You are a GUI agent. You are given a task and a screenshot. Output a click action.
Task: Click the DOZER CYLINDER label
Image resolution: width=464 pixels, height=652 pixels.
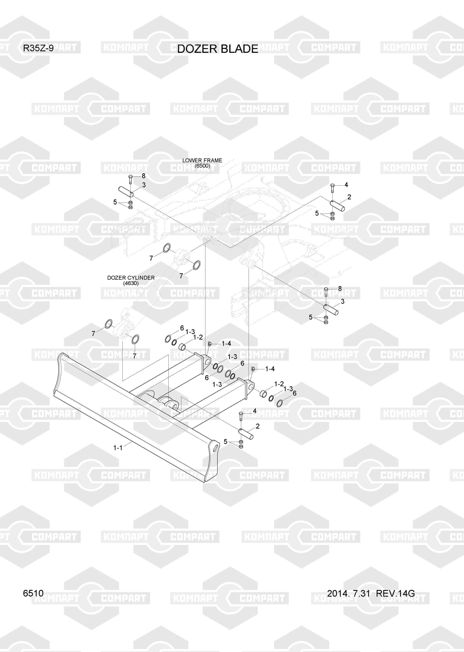click(131, 278)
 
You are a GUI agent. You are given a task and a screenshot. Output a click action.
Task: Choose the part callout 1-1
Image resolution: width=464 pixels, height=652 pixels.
click(118, 448)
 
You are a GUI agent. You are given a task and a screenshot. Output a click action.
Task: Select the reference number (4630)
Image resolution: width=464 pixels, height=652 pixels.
click(131, 283)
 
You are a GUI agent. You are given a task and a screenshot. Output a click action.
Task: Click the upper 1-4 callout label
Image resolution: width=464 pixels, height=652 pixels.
click(226, 344)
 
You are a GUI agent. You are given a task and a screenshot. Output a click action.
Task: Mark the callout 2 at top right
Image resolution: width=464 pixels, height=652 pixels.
click(349, 197)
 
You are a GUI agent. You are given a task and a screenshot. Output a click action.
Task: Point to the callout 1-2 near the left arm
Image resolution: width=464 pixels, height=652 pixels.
click(198, 337)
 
